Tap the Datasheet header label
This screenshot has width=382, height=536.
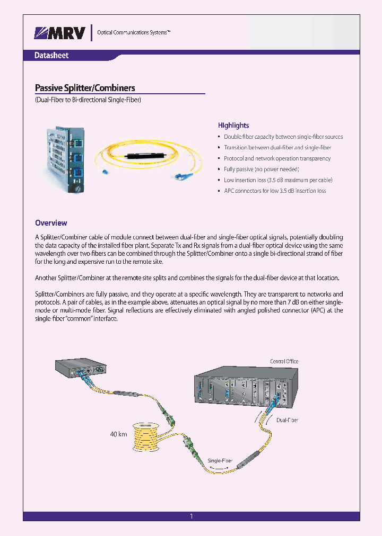pyautogui.click(x=51, y=56)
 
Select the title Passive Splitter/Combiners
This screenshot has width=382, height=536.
pyautogui.click(x=85, y=88)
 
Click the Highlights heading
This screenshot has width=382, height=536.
pyautogui.click(x=233, y=126)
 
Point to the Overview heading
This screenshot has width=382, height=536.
pyautogui.click(x=51, y=223)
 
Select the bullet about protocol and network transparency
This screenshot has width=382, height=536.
pyautogui.click(x=277, y=158)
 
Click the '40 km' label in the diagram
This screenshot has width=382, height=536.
pyautogui.click(x=118, y=434)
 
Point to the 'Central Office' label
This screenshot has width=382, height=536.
pyautogui.click(x=284, y=361)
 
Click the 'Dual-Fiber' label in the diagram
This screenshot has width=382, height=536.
pyautogui.click(x=287, y=420)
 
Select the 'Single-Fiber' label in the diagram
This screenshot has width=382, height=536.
pyautogui.click(x=221, y=461)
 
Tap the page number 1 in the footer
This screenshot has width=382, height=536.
pyautogui.click(x=191, y=516)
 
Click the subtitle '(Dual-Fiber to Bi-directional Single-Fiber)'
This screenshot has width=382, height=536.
pyautogui.click(x=88, y=100)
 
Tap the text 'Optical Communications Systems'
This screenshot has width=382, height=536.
pyautogui.click(x=133, y=33)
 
